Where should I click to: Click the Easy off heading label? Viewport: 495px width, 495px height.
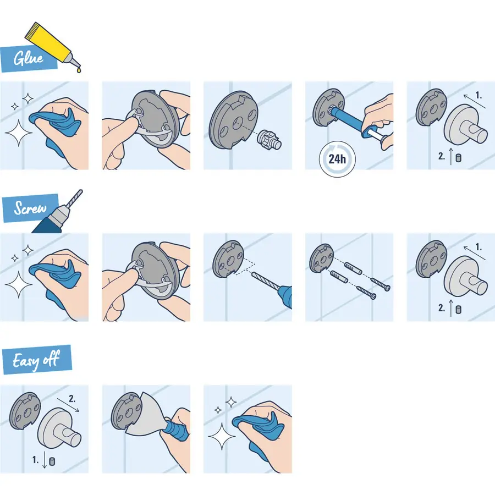(35, 361)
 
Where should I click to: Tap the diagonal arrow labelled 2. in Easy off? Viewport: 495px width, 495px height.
(71, 406)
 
